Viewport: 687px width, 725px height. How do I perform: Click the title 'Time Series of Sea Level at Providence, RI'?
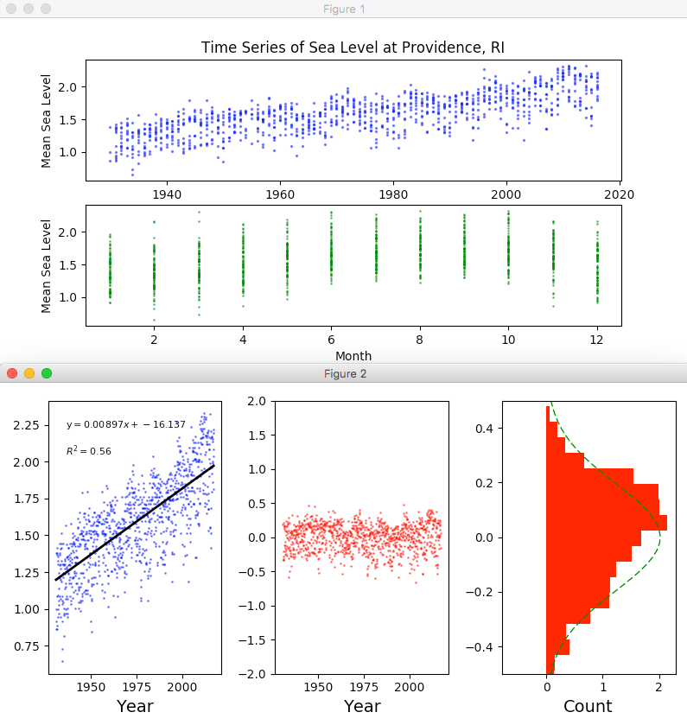(x=353, y=48)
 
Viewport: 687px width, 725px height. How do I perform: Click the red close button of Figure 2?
(x=12, y=373)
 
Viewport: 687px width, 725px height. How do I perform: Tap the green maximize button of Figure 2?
(x=47, y=373)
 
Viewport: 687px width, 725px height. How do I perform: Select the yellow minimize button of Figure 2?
(x=29, y=373)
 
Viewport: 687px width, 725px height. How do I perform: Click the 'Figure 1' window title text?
(x=344, y=9)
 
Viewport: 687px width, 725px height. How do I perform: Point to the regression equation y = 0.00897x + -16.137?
(x=126, y=424)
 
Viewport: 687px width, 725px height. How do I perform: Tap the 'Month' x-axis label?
(x=353, y=354)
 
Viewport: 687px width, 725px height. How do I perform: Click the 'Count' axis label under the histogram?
(x=588, y=706)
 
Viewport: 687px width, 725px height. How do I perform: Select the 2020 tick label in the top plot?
(x=620, y=194)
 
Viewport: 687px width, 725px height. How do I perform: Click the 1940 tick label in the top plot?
(x=166, y=194)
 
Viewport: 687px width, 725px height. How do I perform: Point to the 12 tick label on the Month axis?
(x=597, y=340)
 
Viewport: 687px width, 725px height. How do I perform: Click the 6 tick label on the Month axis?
(x=331, y=340)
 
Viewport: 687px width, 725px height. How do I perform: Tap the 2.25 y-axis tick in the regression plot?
(x=26, y=425)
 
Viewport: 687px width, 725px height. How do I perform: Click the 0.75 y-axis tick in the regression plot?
(x=26, y=646)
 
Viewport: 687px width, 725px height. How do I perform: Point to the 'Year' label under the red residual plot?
(x=362, y=706)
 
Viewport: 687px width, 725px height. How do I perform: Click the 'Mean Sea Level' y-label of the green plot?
(x=47, y=265)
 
